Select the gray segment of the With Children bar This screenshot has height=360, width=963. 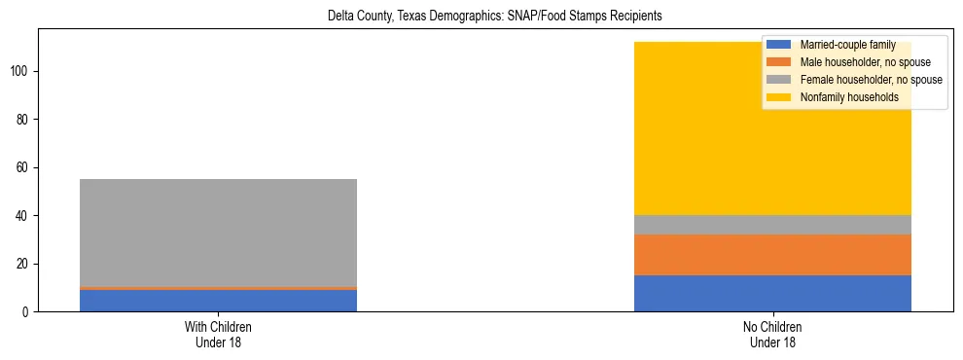pos(218,233)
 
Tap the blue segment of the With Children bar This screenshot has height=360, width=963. pos(218,301)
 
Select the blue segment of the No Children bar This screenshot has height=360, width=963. pos(772,294)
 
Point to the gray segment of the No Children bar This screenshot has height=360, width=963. pos(772,225)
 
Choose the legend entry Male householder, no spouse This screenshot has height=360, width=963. pos(860,62)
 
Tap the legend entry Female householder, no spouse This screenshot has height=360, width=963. pos(871,80)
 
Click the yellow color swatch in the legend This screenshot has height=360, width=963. pos(779,97)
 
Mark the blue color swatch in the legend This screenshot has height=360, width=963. pos(779,45)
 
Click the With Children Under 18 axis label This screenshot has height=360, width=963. pos(218,334)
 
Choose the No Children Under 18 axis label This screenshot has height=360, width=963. pos(772,334)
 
